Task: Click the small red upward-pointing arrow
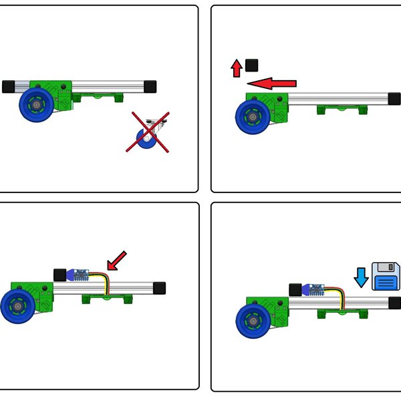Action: (x=237, y=68)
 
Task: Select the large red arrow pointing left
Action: (x=271, y=83)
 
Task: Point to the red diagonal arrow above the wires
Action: (x=116, y=261)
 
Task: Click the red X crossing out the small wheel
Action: (x=148, y=132)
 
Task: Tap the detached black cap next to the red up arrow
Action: (x=252, y=65)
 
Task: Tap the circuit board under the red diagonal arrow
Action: (x=81, y=274)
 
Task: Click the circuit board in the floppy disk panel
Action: (x=316, y=290)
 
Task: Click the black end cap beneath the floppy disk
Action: (x=394, y=303)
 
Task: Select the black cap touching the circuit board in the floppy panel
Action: (x=295, y=289)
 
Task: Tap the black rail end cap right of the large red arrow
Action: (x=394, y=98)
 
